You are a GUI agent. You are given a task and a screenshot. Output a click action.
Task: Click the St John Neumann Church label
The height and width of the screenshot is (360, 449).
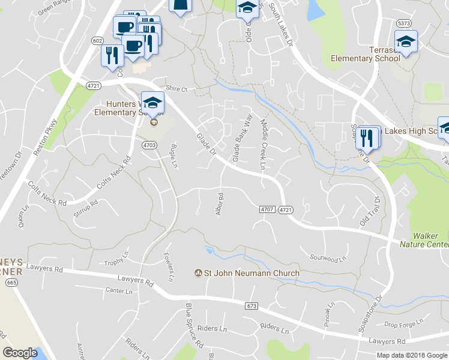click(252, 274)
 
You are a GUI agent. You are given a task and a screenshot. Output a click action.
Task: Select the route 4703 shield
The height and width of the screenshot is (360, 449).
click(149, 145)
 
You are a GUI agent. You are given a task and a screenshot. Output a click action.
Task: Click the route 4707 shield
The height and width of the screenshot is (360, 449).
click(267, 209)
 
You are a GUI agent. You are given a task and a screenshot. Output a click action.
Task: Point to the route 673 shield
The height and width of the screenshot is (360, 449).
click(252, 306)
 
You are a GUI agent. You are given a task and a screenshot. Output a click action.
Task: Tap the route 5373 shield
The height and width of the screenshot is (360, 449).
click(403, 23)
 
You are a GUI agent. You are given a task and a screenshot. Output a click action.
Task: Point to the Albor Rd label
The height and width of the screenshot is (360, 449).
click(219, 204)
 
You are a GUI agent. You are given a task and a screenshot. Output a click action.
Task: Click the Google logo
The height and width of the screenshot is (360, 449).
click(20, 353)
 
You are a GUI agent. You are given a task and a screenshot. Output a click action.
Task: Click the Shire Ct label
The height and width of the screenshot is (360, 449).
click(176, 89)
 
